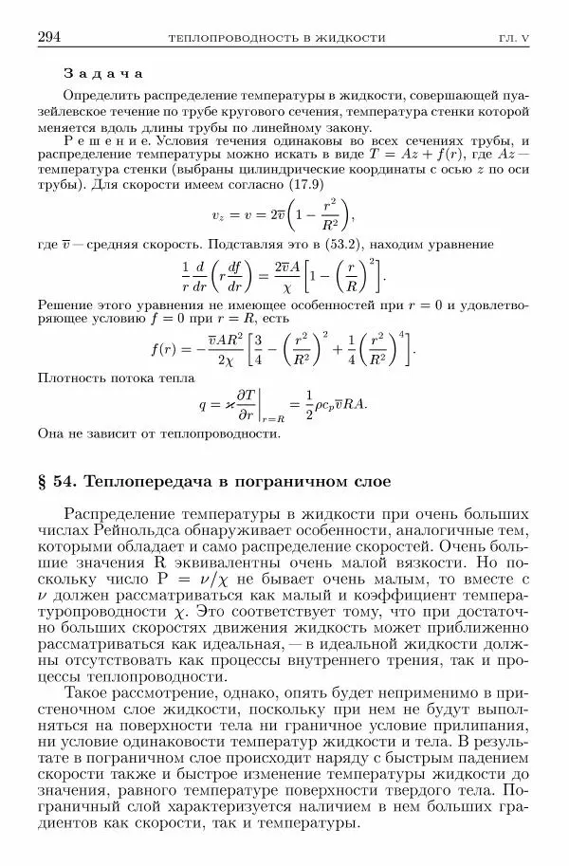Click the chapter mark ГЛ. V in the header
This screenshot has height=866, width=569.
pos(517,39)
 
